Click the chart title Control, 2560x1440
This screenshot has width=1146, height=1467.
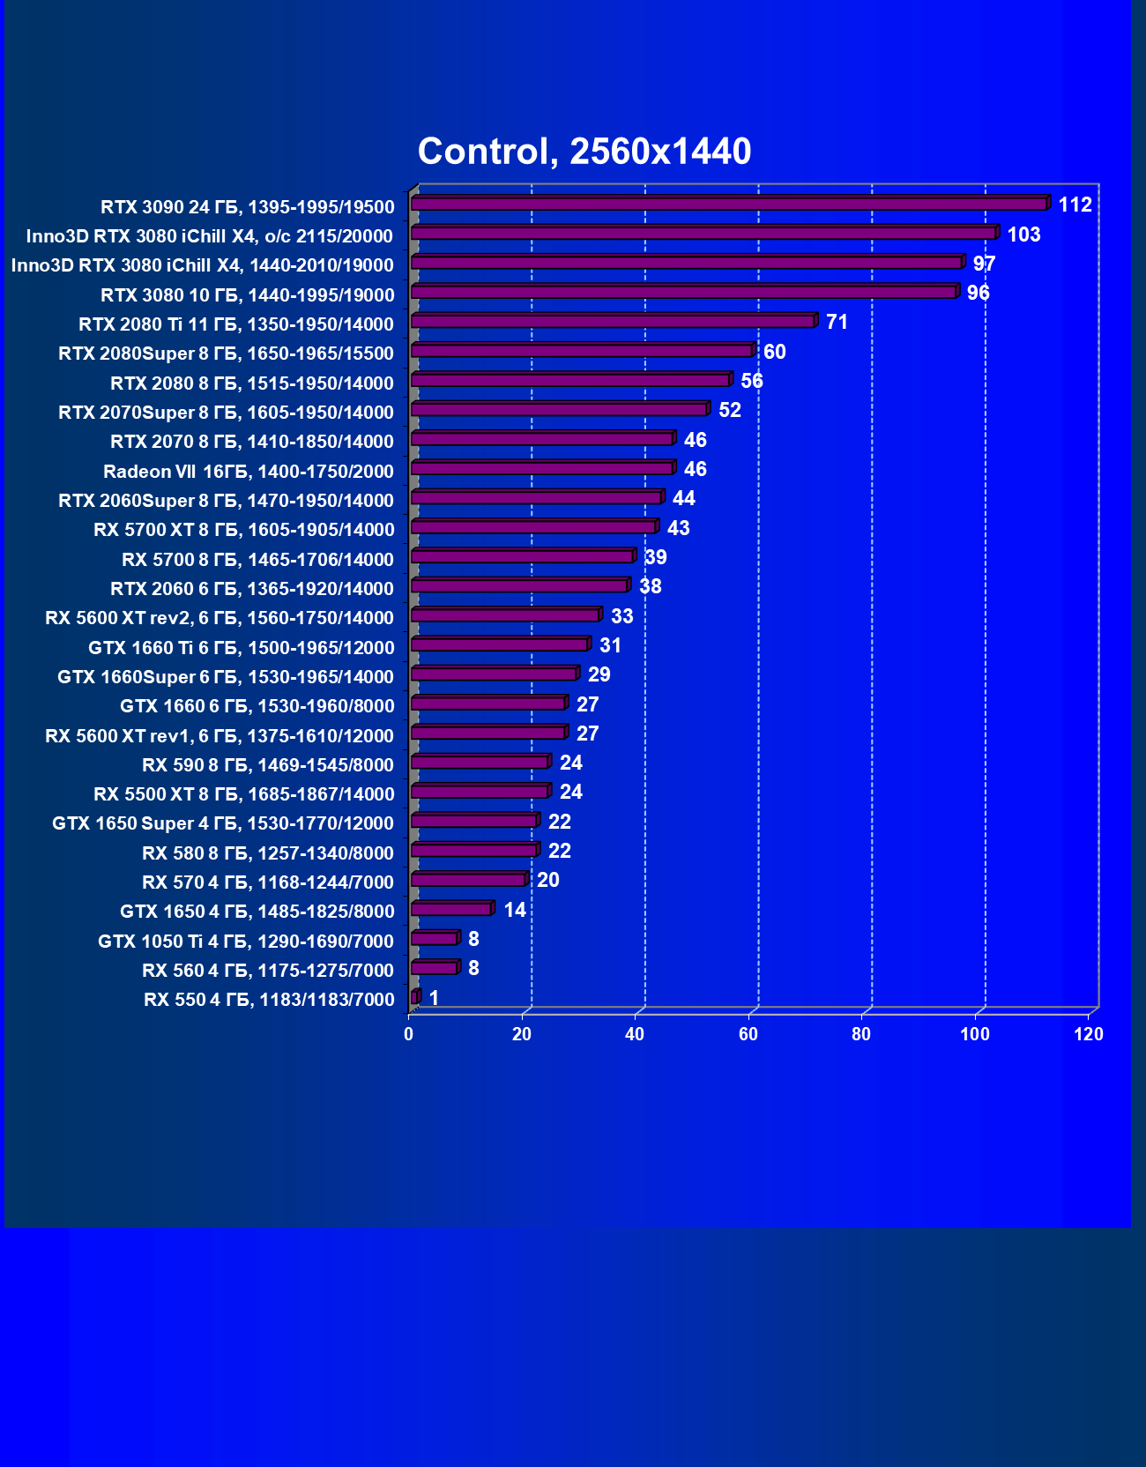584,152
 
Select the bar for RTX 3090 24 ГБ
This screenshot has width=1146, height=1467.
729,205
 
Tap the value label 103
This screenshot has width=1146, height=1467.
1023,235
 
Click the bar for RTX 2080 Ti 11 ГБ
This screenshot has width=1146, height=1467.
613,322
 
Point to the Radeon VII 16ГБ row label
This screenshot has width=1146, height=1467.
249,472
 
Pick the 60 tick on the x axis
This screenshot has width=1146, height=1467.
748,1034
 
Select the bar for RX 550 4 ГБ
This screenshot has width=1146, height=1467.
415,998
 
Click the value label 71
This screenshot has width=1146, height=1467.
837,323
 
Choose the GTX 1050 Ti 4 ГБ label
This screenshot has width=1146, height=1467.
246,942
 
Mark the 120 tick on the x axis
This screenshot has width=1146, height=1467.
1089,1034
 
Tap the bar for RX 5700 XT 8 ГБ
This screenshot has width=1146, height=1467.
533,527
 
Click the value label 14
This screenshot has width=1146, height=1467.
515,910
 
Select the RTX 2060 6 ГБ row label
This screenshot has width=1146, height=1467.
252,589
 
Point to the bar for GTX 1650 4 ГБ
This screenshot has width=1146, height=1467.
451,909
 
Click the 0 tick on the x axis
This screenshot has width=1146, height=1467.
409,1034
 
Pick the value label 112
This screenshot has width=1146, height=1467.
1075,205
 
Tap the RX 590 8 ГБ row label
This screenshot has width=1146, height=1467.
268,765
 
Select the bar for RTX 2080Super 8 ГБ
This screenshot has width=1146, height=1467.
582,351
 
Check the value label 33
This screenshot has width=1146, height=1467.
621,616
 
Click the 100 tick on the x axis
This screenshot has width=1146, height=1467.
975,1034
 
